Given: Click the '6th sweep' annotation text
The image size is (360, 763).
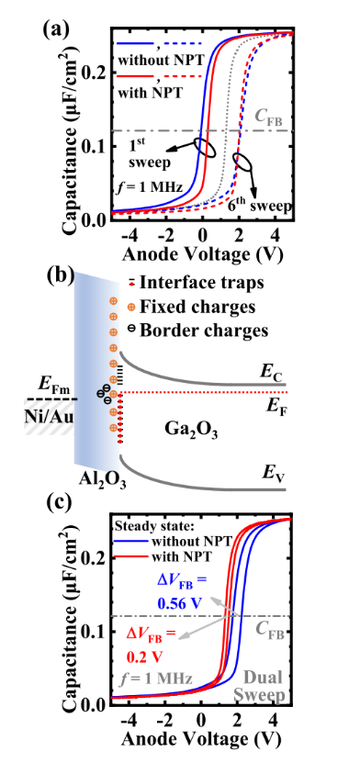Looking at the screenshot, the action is (260, 205).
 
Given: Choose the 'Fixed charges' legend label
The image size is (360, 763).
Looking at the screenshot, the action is (197, 307).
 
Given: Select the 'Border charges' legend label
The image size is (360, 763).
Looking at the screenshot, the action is (204, 331).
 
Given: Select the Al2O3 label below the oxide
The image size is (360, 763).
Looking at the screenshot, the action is (103, 478).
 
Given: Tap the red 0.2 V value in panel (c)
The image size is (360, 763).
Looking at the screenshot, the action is (141, 656).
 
